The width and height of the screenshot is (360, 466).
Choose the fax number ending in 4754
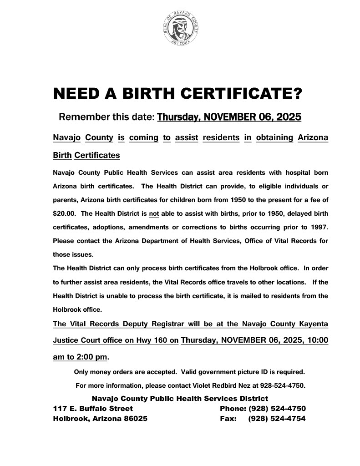point(277,418)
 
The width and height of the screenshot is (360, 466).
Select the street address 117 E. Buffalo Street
point(93,408)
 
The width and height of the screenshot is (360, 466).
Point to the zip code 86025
point(135,418)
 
